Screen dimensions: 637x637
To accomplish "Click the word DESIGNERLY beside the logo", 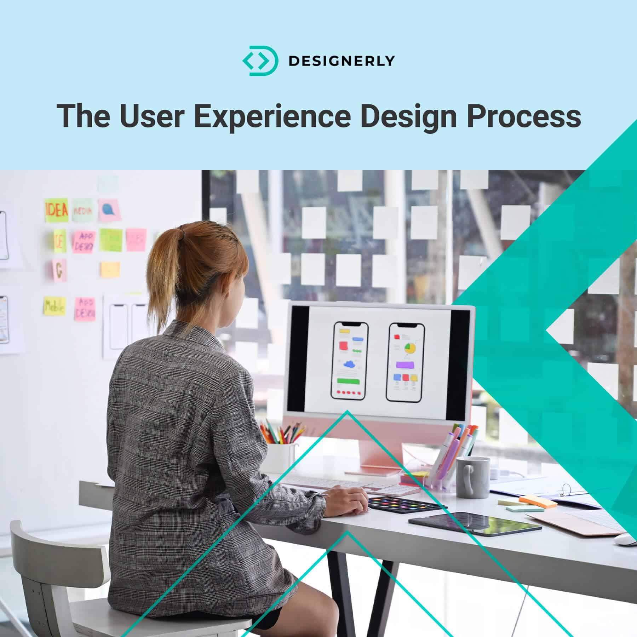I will [x=342, y=61].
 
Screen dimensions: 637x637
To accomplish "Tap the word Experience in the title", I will [x=271, y=116].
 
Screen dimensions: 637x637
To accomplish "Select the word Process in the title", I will [x=524, y=116].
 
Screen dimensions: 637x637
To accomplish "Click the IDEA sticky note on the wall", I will [x=56, y=210].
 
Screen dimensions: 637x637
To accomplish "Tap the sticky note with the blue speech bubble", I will [x=108, y=210].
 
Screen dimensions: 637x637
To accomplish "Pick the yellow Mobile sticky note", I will [x=54, y=306].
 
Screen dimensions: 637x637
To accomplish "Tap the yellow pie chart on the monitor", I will [x=410, y=348].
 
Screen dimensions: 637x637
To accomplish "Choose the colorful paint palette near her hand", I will [x=407, y=503].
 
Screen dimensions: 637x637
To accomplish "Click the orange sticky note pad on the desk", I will [x=537, y=501].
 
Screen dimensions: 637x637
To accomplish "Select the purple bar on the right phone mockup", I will [x=406, y=365].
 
